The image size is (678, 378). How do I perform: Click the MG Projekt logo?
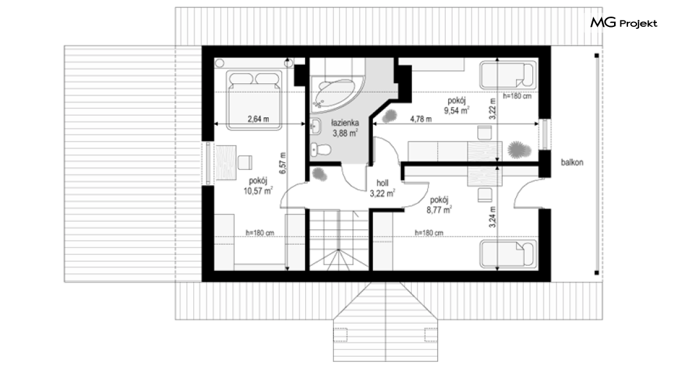624,23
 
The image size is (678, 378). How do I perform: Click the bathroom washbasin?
315,127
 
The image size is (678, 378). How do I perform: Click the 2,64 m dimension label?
258,119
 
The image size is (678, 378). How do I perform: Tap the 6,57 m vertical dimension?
283,163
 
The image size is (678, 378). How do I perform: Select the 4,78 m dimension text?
420,119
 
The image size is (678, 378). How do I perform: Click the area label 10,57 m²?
258,190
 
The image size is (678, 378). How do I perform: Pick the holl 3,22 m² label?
382,188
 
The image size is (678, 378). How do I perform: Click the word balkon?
572,162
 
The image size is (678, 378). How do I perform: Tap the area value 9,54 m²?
457,110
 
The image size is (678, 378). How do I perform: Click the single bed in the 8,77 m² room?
508,254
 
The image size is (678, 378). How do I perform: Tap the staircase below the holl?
338,240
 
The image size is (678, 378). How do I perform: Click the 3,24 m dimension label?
493,217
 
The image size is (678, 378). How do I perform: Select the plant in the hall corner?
320,174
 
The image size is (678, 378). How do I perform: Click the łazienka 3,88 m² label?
345,127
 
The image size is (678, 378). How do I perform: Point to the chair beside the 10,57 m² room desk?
245,162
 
